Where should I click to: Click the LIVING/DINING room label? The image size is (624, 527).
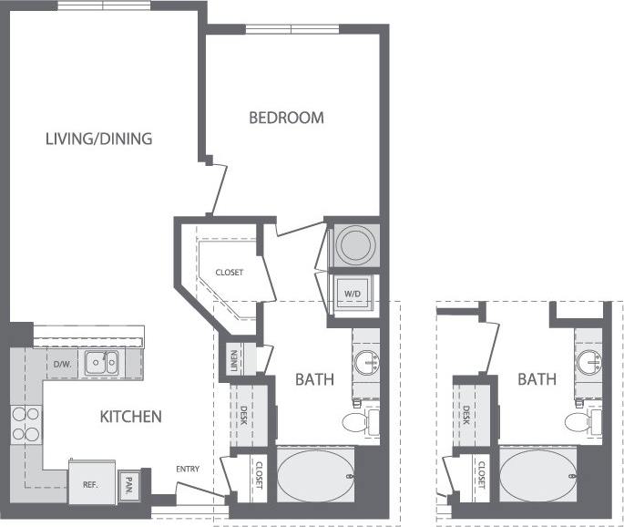(x=99, y=139)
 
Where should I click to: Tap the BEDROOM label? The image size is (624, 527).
(x=287, y=118)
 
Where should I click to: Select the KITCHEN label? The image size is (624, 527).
(x=130, y=417)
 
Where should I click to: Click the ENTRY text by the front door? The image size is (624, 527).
(x=189, y=470)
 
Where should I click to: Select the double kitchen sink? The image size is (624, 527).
(x=101, y=364)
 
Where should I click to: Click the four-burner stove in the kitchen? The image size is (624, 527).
(x=26, y=422)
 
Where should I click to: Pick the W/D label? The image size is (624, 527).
(x=352, y=294)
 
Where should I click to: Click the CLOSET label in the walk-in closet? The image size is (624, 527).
(x=229, y=273)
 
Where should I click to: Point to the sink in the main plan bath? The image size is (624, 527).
(x=369, y=361)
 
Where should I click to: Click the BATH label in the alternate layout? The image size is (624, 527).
(x=537, y=378)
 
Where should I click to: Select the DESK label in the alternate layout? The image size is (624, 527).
(x=466, y=416)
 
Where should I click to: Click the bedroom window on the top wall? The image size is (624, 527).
(x=291, y=29)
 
